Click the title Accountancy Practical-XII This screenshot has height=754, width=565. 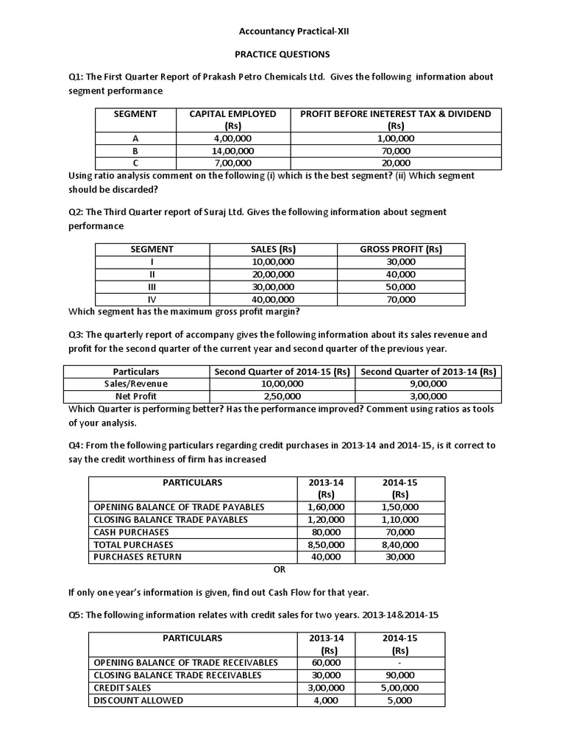(x=282, y=32)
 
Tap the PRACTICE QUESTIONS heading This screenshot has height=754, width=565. (x=282, y=54)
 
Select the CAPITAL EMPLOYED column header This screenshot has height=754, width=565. (x=232, y=113)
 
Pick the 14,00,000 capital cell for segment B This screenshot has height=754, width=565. (x=232, y=150)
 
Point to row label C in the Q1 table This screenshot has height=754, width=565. (x=135, y=163)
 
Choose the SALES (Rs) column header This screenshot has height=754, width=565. (x=273, y=249)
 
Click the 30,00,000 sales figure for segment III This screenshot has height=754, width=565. (x=273, y=286)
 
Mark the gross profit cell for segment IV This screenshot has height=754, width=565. (x=400, y=299)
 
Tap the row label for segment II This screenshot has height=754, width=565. (x=152, y=274)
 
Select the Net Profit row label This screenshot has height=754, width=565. (x=136, y=396)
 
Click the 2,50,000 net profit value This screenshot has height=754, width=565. (x=282, y=396)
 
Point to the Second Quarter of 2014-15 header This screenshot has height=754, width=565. (x=282, y=371)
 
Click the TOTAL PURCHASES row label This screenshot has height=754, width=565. (x=133, y=544)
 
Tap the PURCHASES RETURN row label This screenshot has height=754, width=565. (x=137, y=557)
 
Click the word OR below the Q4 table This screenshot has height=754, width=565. (x=279, y=569)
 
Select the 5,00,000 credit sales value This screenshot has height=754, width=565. (x=400, y=688)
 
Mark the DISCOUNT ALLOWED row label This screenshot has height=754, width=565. (x=138, y=700)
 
